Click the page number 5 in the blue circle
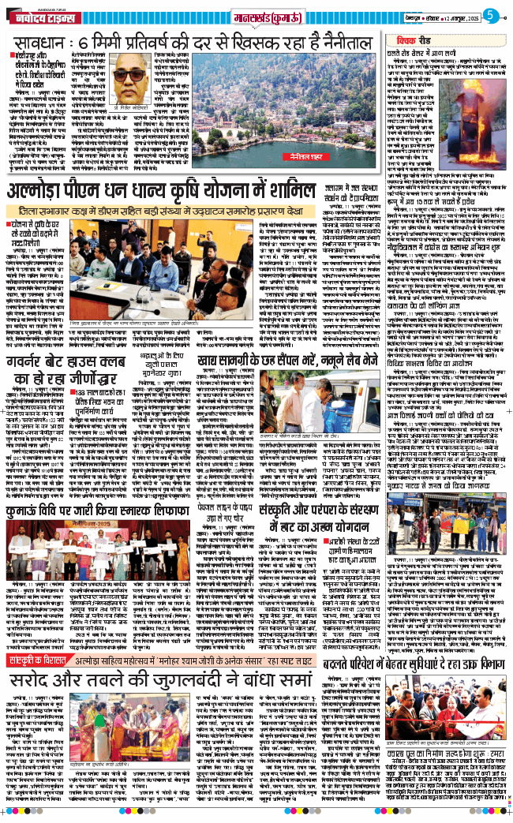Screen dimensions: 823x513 pos(489,14)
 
